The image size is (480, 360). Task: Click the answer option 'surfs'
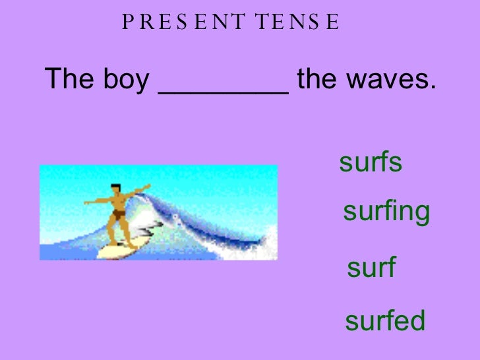[370, 164]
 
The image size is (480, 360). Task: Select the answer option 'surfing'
[386, 212]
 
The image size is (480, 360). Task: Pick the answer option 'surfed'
[385, 321]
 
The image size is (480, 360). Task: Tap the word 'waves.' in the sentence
[396, 82]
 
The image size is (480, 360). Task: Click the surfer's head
[116, 189]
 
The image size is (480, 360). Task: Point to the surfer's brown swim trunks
[117, 214]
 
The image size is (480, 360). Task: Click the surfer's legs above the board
[119, 231]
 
